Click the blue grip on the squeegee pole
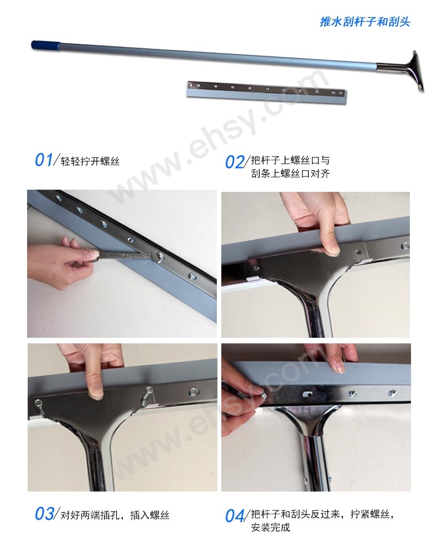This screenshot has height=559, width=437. (44, 46)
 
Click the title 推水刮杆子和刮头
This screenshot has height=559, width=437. (365, 22)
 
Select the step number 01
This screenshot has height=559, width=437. (44, 160)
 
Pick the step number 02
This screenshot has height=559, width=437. (234, 162)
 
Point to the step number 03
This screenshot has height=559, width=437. (44, 514)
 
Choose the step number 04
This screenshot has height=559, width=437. (235, 516)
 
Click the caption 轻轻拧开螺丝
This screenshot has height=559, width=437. (90, 161)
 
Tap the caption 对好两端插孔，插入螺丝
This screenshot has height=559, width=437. (115, 515)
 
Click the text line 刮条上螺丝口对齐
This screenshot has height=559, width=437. (290, 174)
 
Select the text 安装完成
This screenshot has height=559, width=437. (270, 527)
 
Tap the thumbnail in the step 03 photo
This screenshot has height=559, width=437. (95, 394)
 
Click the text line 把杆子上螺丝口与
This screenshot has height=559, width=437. (290, 160)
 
